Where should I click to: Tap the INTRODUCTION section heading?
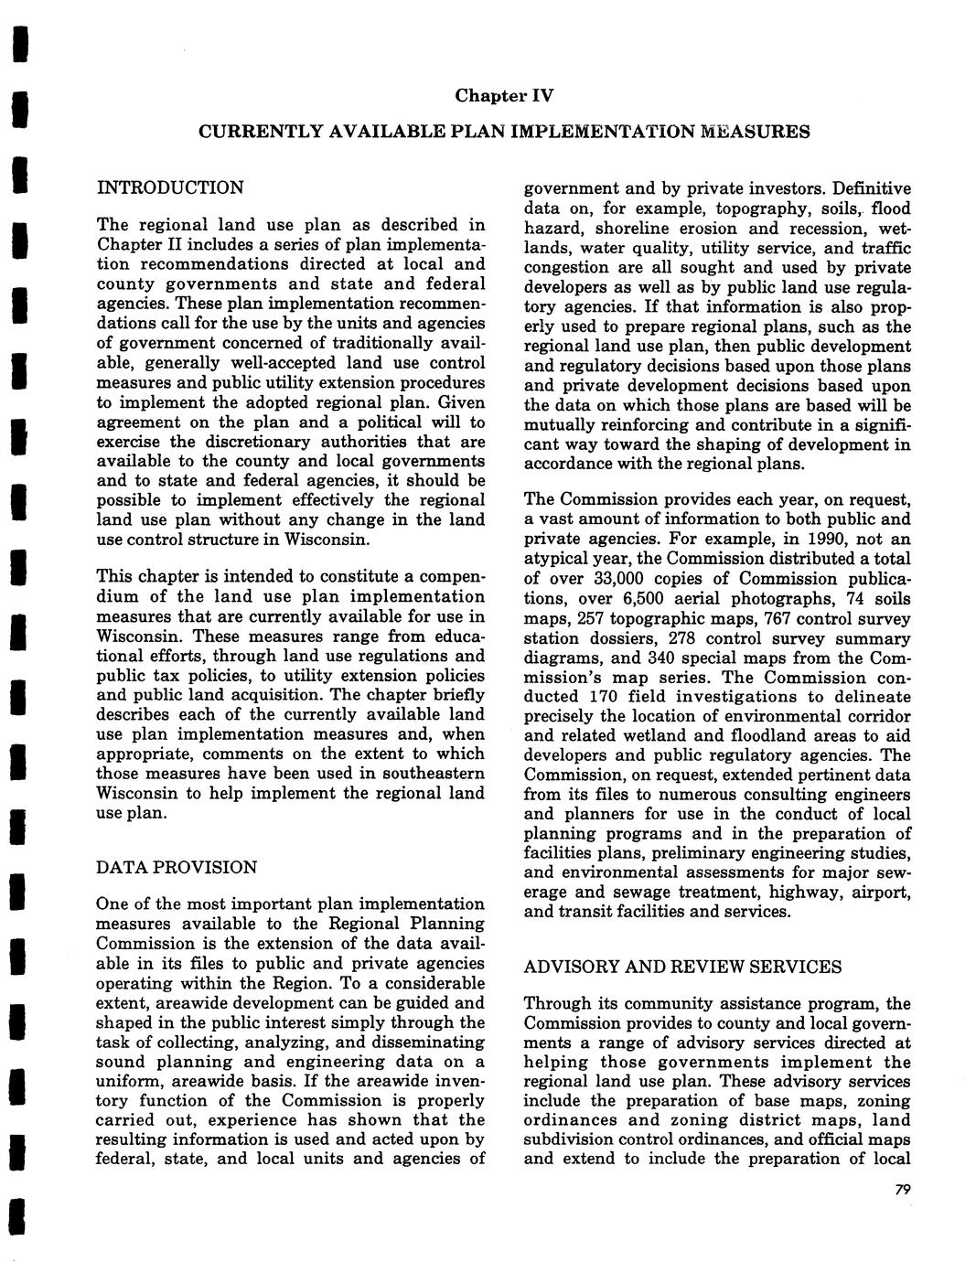[x=170, y=188]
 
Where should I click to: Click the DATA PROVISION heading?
[x=177, y=867]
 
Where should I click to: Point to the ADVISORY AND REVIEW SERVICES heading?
[x=682, y=967]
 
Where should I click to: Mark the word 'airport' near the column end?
[x=880, y=892]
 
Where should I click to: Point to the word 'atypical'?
[x=556, y=559]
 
